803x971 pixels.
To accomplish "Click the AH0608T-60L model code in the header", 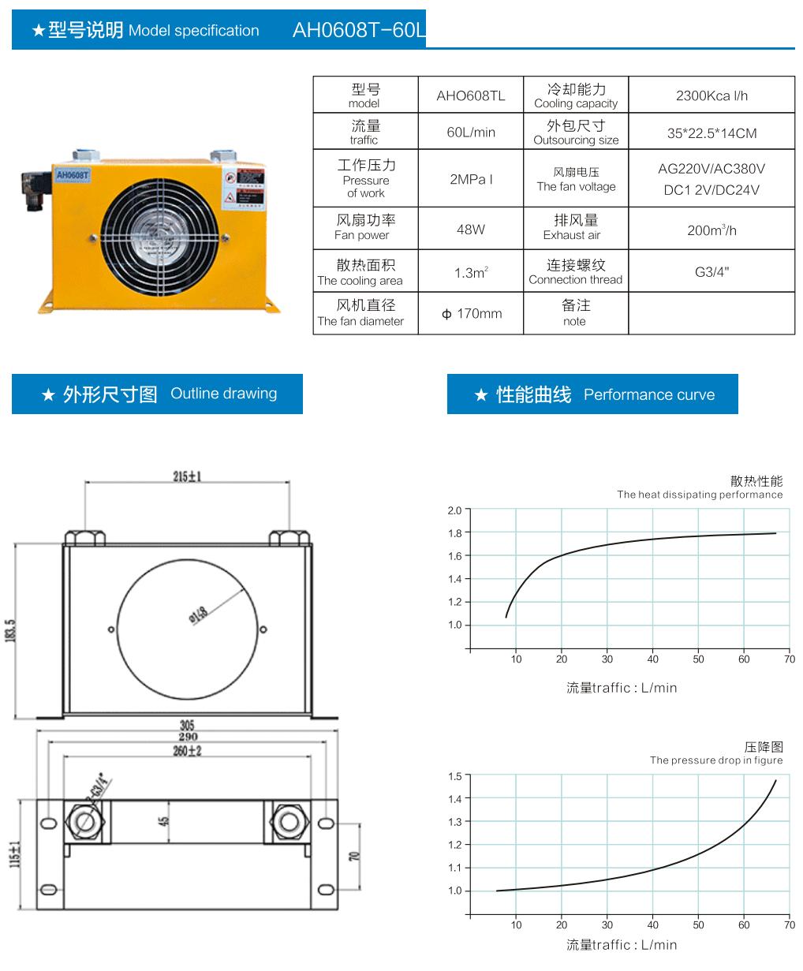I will click(358, 30).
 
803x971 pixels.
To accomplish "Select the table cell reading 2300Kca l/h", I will click(711, 95).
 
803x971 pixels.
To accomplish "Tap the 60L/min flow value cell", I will click(471, 132).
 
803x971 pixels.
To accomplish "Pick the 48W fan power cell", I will click(471, 230).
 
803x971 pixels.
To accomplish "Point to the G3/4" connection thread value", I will click(711, 272).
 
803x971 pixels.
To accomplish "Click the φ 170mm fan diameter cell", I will click(471, 313).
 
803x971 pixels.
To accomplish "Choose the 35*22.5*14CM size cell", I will click(711, 133).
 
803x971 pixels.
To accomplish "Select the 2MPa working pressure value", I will click(471, 179).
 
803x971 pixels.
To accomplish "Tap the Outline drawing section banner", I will click(158, 394).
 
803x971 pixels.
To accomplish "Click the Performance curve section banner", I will click(592, 394).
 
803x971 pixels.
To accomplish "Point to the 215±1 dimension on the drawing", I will click(187, 476).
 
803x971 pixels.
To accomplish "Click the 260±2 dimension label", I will click(187, 751).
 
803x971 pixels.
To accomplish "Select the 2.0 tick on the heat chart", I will click(454, 511).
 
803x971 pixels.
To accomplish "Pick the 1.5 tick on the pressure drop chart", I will click(454, 777).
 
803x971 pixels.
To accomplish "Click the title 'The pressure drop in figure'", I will click(715, 760).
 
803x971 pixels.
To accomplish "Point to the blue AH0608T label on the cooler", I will click(73, 174).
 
